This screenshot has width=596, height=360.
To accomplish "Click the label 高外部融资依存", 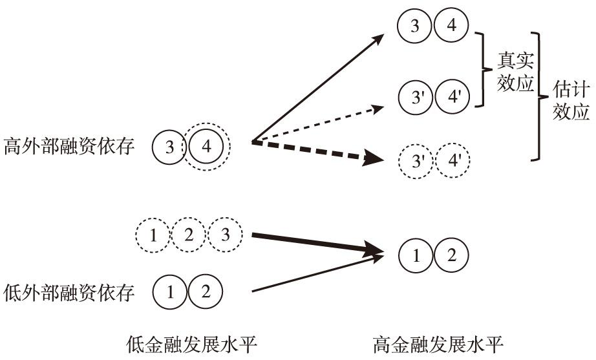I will click(69, 147).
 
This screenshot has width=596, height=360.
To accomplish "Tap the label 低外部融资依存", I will click(69, 293).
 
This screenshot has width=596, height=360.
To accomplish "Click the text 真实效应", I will click(515, 71).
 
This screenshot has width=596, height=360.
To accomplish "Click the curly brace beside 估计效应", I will click(537, 97).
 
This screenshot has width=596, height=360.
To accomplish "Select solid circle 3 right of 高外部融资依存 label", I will click(169, 147).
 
